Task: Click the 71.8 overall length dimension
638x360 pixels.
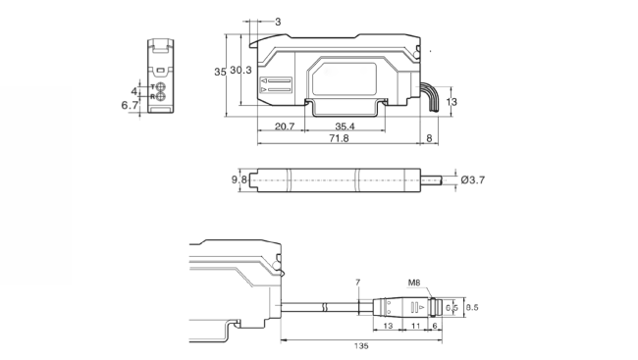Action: tap(338, 139)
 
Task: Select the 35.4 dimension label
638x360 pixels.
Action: tap(345, 127)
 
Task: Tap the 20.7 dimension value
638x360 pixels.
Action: tap(286, 127)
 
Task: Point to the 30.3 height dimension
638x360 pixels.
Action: tap(241, 71)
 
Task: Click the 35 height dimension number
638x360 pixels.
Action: tap(220, 72)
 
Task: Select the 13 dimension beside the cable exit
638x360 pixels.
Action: tap(452, 101)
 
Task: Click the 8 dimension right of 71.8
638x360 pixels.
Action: tap(430, 139)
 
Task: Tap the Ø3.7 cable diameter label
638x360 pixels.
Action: tap(473, 180)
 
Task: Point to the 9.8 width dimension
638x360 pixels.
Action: tap(237, 180)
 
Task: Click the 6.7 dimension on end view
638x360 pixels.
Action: tap(129, 104)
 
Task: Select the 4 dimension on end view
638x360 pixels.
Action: tap(133, 91)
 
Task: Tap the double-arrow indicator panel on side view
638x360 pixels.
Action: tap(278, 87)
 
